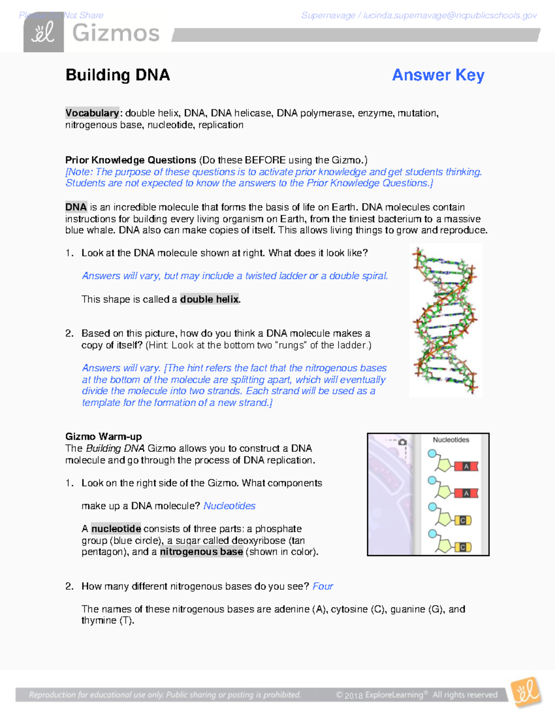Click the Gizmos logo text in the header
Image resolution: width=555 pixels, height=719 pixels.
point(116,33)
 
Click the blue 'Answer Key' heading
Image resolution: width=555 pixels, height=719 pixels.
point(438,75)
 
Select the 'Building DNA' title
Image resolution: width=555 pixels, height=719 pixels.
point(117,75)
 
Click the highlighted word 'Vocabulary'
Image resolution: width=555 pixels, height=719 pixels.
point(92,113)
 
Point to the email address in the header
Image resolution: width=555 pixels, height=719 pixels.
point(450,16)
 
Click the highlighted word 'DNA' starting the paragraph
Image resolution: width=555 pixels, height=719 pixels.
point(76,207)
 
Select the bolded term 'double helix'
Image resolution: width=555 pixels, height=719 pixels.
point(210,299)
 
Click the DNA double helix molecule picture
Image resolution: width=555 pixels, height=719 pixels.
point(445,320)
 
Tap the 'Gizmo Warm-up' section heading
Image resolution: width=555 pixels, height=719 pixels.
point(104,436)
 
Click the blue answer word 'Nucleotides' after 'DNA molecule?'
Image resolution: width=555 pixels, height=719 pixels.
point(229,506)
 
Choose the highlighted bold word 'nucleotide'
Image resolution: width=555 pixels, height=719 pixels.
point(116,529)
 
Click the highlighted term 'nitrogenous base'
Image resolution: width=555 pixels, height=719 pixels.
point(201,552)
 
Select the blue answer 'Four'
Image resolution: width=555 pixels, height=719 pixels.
point(322,586)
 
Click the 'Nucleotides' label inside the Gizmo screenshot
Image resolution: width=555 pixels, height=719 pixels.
point(451,440)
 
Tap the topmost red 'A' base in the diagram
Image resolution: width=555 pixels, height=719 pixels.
point(466,466)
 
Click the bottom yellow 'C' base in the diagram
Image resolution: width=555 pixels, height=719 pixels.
point(462,547)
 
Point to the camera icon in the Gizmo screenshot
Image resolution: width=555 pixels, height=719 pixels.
point(402,442)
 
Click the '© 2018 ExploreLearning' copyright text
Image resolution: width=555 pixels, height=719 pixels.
point(380,695)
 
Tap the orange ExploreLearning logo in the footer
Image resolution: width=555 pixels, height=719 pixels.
point(526,692)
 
